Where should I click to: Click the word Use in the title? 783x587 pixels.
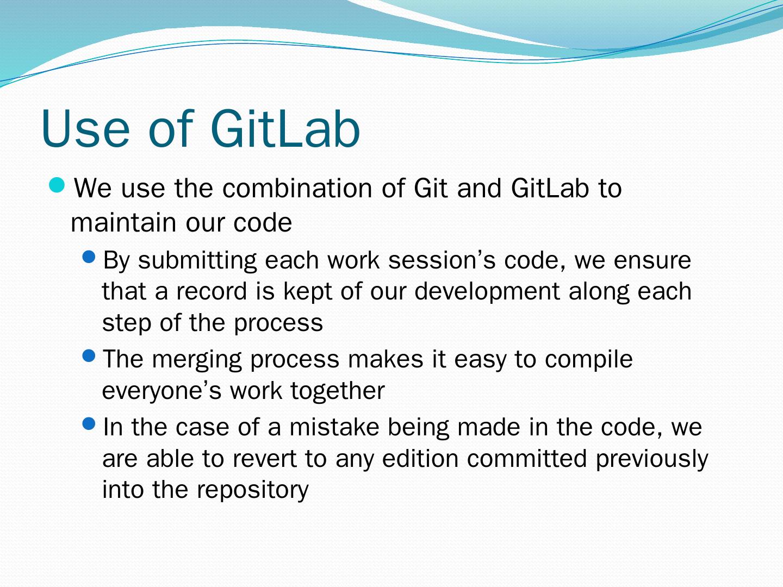point(85,128)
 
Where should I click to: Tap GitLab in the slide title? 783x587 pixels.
point(285,128)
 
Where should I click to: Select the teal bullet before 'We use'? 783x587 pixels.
point(57,185)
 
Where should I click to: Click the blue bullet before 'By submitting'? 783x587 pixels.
point(89,257)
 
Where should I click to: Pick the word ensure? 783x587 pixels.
point(652,260)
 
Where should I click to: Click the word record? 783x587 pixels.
point(212,291)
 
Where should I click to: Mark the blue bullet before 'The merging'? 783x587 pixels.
point(89,355)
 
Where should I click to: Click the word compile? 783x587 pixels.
point(588,359)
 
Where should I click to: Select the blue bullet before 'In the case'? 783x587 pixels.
point(89,424)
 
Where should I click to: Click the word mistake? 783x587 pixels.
point(334,427)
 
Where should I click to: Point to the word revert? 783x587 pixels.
point(265,458)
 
